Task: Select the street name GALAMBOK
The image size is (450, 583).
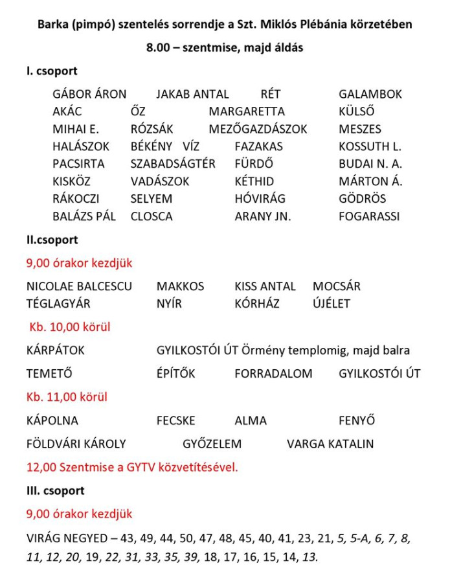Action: point(370,94)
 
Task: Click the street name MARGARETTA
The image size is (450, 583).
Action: point(246,111)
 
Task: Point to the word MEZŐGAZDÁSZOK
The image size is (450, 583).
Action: point(258,129)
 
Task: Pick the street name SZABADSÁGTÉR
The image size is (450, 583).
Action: point(173,164)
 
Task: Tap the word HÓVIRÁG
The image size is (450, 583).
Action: point(260,199)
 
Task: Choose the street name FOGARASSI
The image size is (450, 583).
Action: point(369,216)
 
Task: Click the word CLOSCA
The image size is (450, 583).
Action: point(152,216)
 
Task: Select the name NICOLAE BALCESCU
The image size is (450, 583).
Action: point(79,286)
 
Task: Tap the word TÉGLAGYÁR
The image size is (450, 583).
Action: point(58,303)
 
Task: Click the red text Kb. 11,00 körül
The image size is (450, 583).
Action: point(67,397)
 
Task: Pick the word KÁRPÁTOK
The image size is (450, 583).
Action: point(56,350)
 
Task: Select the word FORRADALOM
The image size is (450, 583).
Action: point(273,374)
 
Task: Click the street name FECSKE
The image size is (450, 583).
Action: point(175,420)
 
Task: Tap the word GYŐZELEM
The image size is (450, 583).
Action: point(212,444)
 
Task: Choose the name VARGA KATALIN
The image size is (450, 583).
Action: point(330,444)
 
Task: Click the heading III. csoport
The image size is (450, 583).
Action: point(56,490)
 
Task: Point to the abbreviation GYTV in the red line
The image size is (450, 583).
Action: point(145,467)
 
